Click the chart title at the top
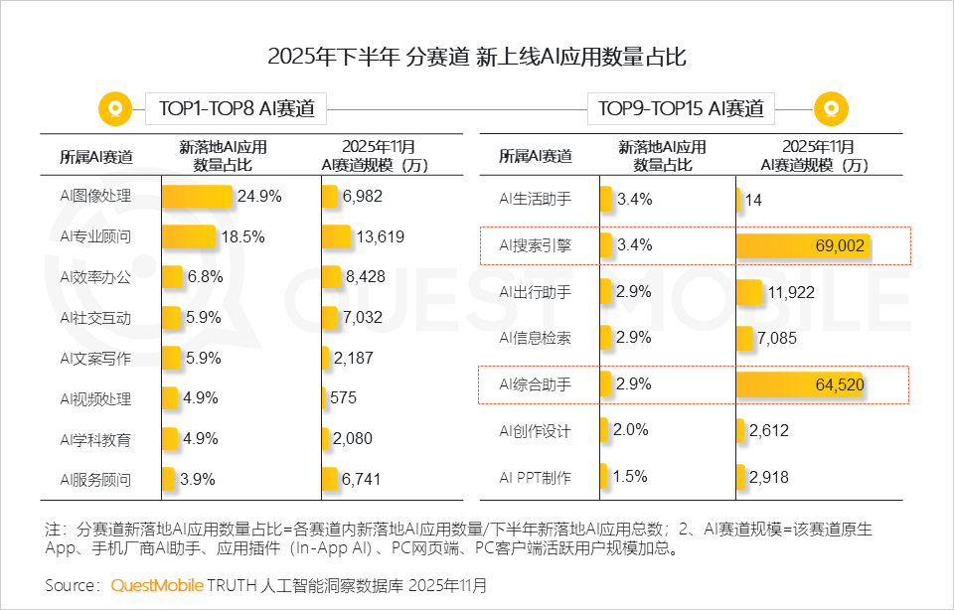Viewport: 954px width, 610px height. (477, 57)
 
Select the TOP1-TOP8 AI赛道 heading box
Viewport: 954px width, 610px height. (236, 108)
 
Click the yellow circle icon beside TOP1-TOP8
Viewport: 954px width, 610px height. (115, 108)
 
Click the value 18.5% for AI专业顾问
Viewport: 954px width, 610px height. (245, 236)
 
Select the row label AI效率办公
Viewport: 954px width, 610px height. (95, 277)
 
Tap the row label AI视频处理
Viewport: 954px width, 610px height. (95, 398)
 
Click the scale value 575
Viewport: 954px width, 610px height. (343, 398)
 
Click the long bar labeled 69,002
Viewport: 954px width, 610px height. (803, 246)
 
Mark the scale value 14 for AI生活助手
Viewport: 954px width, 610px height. (753, 200)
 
